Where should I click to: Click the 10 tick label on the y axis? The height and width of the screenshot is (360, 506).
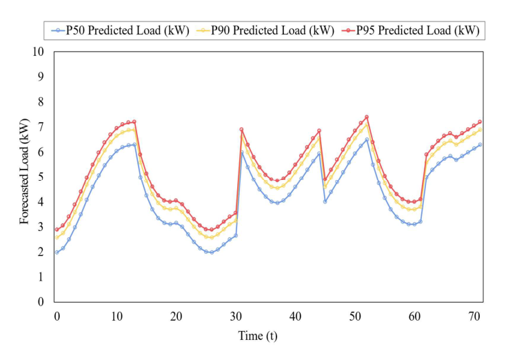39,52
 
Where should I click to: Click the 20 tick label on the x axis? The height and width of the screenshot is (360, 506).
176,315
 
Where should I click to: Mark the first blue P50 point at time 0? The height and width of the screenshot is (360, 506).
57,252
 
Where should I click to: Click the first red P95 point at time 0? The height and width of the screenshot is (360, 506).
57,230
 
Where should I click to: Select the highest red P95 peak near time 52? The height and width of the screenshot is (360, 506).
367,117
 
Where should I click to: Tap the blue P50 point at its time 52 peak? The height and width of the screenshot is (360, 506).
367,139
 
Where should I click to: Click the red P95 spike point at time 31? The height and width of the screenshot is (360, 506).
241,129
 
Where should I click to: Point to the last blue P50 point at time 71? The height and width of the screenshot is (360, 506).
480,144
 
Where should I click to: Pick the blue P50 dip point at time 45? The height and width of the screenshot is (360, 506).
325,201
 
